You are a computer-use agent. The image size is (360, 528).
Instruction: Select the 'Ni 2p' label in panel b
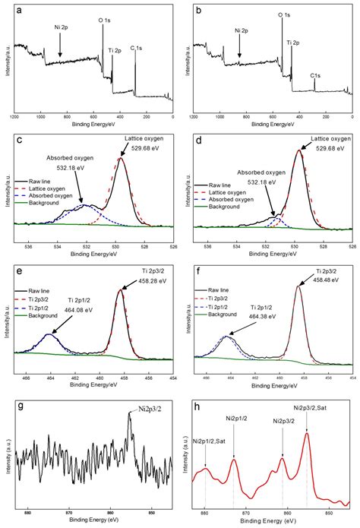coord(241,31)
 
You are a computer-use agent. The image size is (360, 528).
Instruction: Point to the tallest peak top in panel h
coord(307,434)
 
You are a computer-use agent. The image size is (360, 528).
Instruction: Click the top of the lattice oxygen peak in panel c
coord(121,158)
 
